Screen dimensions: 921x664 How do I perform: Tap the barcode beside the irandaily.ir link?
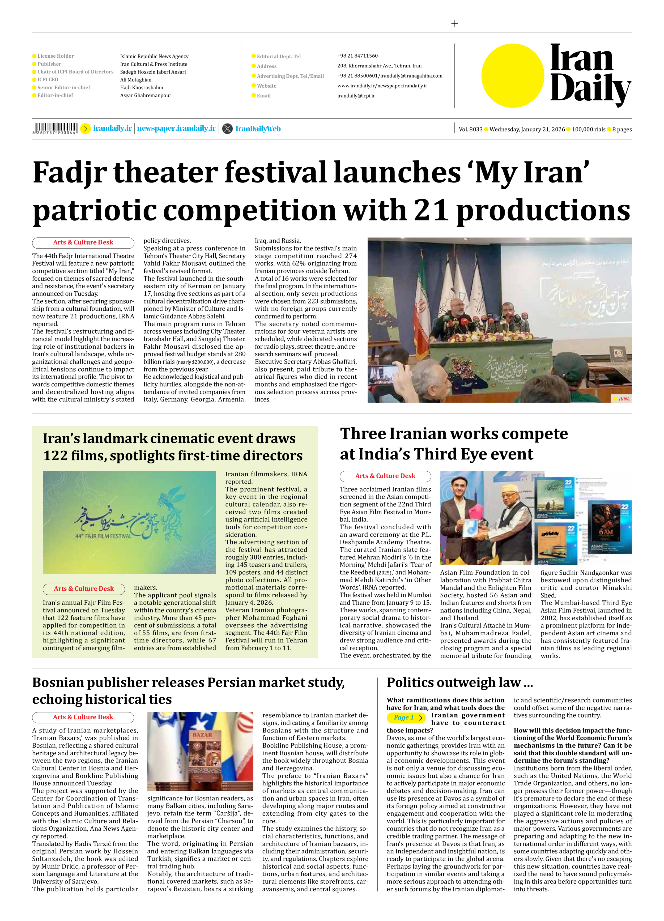click(x=55, y=128)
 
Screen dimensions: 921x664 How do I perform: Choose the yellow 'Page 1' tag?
click(x=406, y=718)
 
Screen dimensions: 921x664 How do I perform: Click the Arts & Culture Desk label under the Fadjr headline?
click(x=83, y=242)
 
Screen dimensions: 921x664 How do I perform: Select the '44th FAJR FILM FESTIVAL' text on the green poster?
click(x=104, y=536)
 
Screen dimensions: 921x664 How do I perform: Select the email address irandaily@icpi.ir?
click(x=356, y=96)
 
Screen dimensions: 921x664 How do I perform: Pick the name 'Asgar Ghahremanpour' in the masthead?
click(x=145, y=95)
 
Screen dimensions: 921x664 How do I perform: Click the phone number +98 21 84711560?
click(x=357, y=56)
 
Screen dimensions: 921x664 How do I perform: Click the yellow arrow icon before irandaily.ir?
click(x=85, y=129)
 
